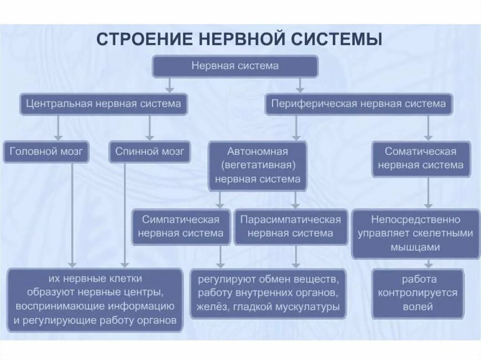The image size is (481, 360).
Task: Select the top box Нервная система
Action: (235, 66)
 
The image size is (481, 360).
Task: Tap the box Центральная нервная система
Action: (103, 104)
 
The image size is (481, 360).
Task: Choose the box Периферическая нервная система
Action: (359, 104)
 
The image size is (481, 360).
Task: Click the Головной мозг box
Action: (46, 152)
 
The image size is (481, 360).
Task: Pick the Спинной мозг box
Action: (150, 152)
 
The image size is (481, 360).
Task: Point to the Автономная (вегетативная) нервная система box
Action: (257, 166)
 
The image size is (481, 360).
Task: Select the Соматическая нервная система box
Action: (421, 159)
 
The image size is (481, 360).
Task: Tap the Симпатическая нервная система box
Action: (181, 227)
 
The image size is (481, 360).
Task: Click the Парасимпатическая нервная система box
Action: (291, 227)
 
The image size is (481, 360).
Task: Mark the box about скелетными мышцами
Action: (415, 233)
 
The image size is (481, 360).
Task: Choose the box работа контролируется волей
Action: (418, 293)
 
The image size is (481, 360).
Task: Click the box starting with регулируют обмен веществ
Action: (268, 293)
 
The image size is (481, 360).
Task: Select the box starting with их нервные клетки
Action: (95, 299)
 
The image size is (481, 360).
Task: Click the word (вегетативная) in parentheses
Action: (257, 166)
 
